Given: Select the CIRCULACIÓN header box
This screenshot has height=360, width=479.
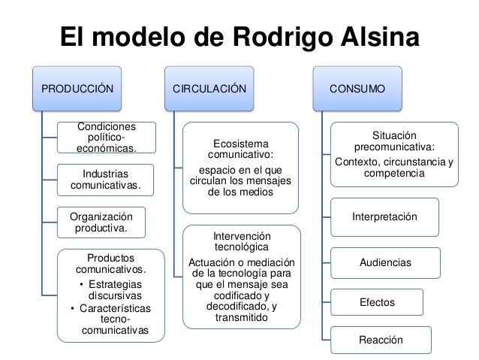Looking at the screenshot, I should click(x=209, y=89).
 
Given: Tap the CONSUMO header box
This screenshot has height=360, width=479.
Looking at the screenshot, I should click(x=357, y=89).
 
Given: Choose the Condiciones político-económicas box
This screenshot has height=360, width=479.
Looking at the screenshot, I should click(x=107, y=138).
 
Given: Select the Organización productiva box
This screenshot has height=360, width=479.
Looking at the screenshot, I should click(x=101, y=222).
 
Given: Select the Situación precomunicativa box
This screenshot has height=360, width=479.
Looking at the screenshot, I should click(x=393, y=154).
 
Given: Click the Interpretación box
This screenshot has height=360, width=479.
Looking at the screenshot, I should click(x=384, y=217).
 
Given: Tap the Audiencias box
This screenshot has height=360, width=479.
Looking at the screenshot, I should click(x=385, y=262).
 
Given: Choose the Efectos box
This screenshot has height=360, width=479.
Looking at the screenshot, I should click(x=377, y=302).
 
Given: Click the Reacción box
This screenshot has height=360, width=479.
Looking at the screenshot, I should click(x=381, y=340).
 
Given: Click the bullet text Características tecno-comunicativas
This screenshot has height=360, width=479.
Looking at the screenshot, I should click(x=113, y=319).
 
